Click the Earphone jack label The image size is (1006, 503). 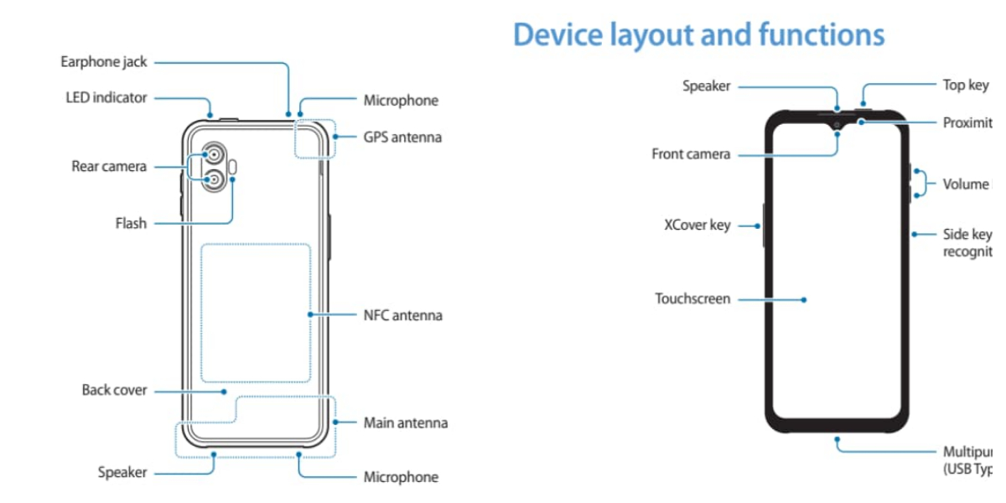tap(104, 62)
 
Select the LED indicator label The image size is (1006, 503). tap(106, 97)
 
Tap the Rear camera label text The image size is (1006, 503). tap(109, 166)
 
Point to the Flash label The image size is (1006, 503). tap(131, 223)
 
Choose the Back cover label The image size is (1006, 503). tap(114, 390)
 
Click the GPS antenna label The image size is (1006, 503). tap(402, 137)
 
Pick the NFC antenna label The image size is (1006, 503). tap(402, 315)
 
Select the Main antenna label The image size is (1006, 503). tap(405, 423)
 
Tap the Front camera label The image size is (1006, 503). tap(691, 154)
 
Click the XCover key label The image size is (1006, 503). tap(697, 226)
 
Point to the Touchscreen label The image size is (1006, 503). tap(692, 298)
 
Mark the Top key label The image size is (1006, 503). tap(966, 85)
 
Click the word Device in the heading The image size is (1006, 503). tap(557, 35)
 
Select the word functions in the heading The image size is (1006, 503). tap(821, 35)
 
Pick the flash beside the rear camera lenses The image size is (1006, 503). tap(233, 167)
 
